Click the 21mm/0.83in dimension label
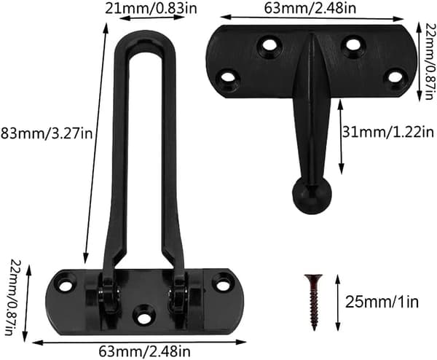(151, 8)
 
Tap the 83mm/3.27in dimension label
(47, 133)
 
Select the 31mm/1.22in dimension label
(388, 132)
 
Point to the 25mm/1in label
(382, 302)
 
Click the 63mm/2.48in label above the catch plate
(310, 8)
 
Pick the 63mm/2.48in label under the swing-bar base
(145, 351)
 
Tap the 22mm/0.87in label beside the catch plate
(430, 61)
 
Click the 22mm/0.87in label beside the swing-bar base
(15, 298)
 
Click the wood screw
(314, 302)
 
